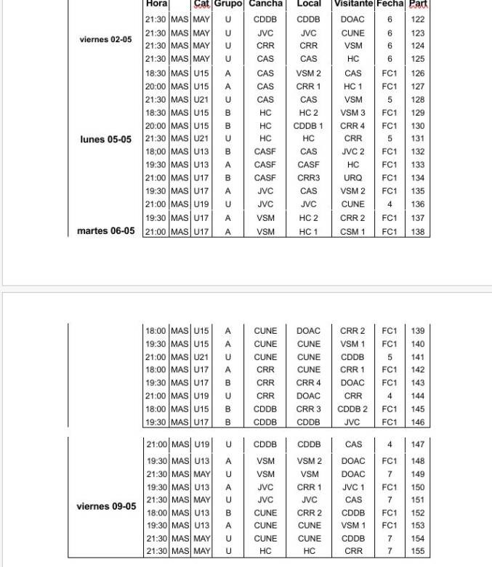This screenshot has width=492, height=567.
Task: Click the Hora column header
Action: [x=157, y=4]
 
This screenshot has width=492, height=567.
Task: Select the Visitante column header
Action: [x=352, y=4]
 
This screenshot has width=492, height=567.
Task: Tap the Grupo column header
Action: [x=227, y=4]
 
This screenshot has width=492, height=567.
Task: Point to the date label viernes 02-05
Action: [x=106, y=39]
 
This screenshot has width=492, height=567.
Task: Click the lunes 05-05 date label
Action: [x=106, y=139]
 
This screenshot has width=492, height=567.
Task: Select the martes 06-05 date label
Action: [x=106, y=231]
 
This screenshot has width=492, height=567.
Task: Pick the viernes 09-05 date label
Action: [x=106, y=506]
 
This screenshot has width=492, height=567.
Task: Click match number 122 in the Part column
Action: [x=417, y=20]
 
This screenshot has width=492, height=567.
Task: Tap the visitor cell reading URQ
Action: [x=352, y=178]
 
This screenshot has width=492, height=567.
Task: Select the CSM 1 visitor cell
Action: [x=352, y=232]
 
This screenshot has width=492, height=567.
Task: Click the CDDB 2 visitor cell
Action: [x=352, y=409]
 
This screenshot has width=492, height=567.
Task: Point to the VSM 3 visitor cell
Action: [x=352, y=113]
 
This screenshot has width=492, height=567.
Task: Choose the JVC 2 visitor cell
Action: [x=352, y=152]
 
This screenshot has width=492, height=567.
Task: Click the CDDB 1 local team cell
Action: [x=308, y=126]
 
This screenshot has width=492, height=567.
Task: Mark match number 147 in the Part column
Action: [x=417, y=444]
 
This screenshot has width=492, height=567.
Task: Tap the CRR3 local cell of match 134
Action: [x=308, y=178]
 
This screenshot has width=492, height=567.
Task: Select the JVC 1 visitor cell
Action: [x=352, y=487]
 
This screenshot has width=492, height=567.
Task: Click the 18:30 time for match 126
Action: [x=156, y=73]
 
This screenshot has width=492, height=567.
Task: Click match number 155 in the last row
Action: [x=417, y=552]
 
